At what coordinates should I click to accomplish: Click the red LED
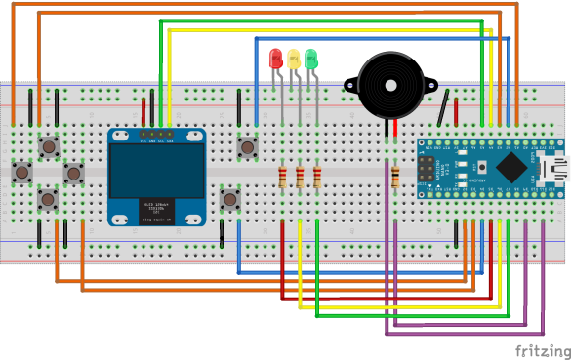[275, 59]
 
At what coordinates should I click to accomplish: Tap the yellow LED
[293, 59]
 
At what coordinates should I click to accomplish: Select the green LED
[310, 59]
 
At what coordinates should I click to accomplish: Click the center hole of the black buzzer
[392, 86]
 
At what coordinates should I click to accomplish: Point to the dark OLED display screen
[156, 171]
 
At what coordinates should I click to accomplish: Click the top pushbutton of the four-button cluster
[48, 147]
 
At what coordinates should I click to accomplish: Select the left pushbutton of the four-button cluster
[21, 173]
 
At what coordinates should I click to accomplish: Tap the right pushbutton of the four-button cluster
[73, 173]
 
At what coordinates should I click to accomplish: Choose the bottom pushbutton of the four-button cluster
[48, 199]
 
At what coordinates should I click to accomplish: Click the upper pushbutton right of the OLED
[248, 148]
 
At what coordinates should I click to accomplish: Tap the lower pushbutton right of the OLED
[230, 199]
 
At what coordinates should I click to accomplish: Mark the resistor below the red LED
[283, 178]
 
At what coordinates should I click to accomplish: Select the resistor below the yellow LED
[300, 178]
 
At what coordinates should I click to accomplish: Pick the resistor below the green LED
[317, 178]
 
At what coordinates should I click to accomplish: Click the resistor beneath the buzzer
[395, 178]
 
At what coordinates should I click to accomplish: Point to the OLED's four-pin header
[156, 134]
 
